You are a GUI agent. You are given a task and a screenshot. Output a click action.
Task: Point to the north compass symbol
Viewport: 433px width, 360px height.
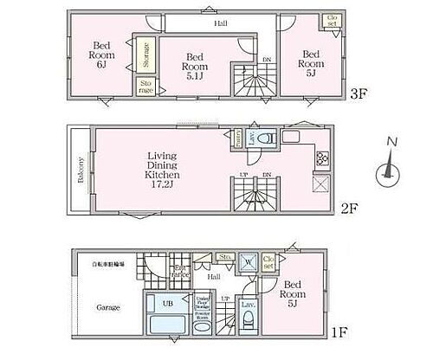click(390, 172)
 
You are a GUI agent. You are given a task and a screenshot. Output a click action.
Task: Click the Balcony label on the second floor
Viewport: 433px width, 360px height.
click(81, 170)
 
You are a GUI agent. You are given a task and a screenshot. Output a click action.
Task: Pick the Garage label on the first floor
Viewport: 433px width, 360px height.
click(108, 307)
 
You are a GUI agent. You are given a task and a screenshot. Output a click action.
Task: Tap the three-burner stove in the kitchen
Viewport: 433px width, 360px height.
click(321, 157)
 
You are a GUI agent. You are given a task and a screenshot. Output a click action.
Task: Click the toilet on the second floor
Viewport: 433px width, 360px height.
click(268, 138)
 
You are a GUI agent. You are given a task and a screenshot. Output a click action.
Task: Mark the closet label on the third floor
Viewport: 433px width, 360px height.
click(332, 22)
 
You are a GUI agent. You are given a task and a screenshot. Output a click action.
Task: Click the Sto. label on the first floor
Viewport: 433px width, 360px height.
click(224, 256)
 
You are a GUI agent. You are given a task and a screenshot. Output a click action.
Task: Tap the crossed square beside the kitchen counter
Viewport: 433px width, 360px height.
click(320, 184)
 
